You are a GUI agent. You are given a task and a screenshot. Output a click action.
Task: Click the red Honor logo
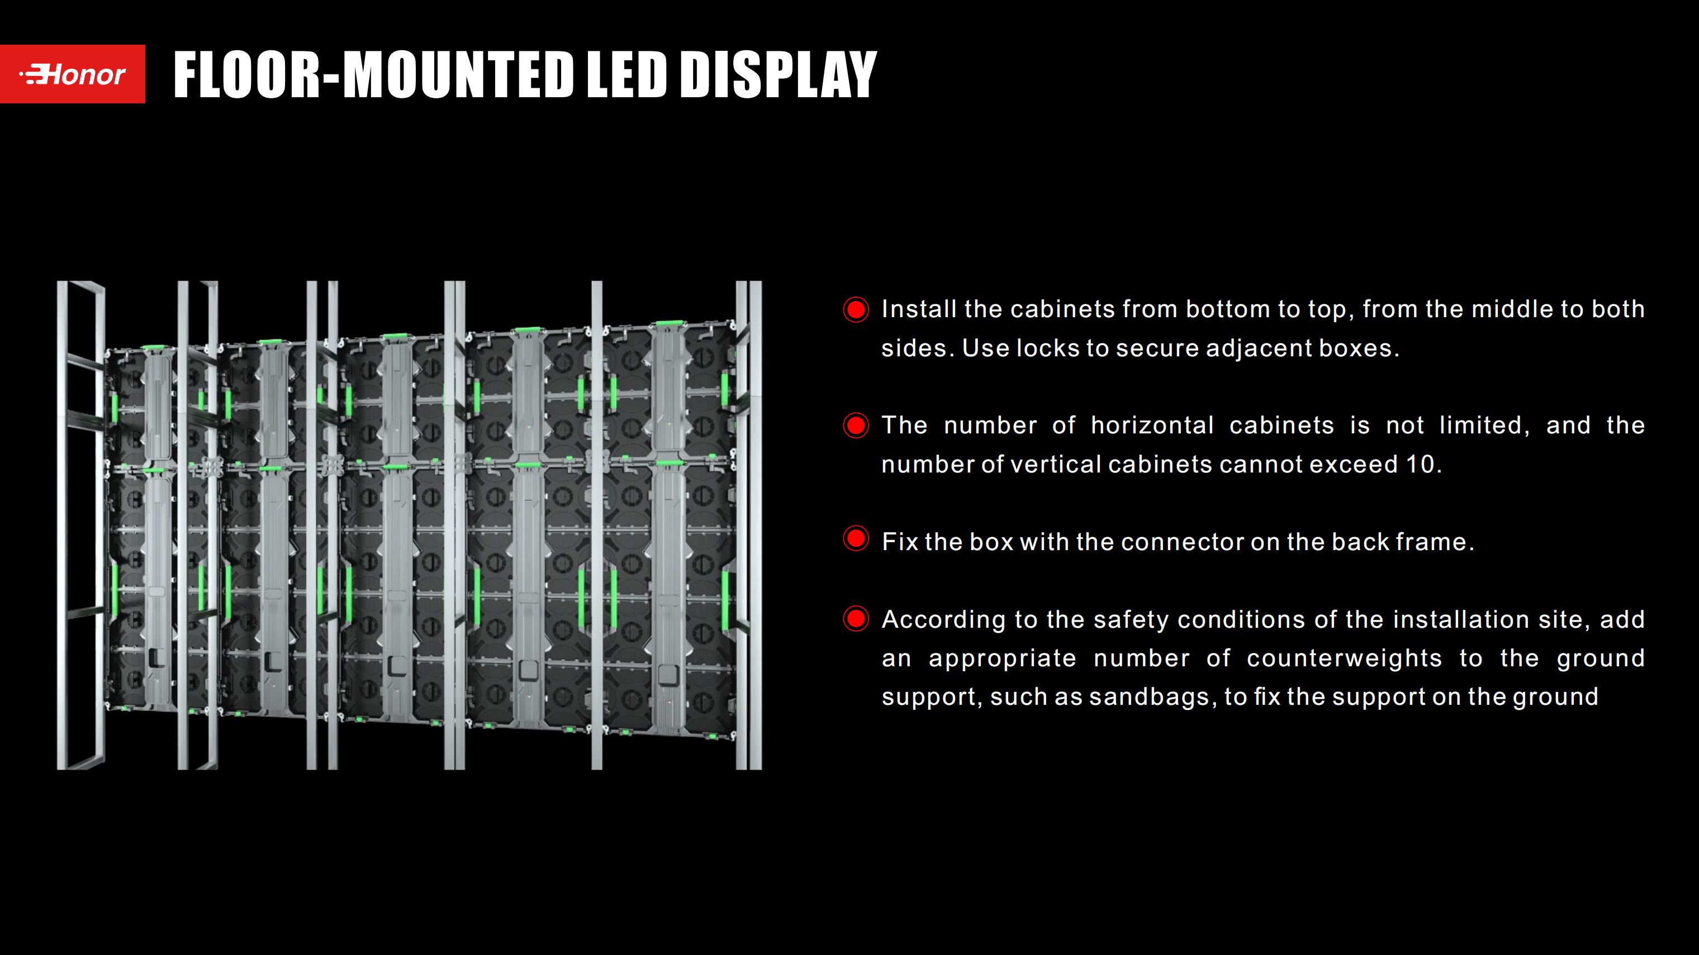pos(73,74)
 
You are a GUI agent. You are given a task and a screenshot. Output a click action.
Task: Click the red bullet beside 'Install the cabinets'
pos(856,309)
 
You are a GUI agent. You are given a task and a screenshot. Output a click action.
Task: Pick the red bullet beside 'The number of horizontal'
pos(856,425)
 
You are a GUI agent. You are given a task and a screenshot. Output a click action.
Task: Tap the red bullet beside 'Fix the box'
pos(856,539)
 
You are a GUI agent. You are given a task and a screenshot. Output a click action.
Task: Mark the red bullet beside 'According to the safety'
pos(856,619)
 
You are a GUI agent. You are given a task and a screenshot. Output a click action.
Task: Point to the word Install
pos(919,309)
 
